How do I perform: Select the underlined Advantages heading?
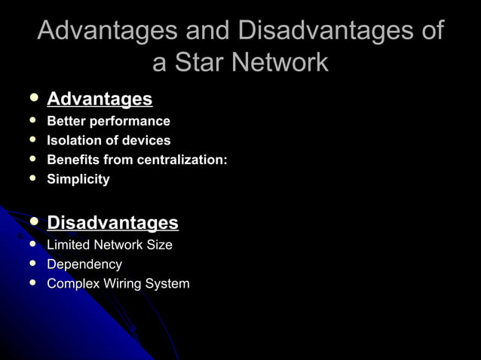(x=100, y=99)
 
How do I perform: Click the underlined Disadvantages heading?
(x=112, y=223)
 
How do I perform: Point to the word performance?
(x=130, y=121)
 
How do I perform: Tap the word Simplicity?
(x=78, y=179)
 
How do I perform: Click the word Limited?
(x=68, y=245)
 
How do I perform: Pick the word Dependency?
(x=84, y=264)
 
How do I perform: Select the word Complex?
(x=72, y=284)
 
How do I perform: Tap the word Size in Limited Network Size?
(x=159, y=245)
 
